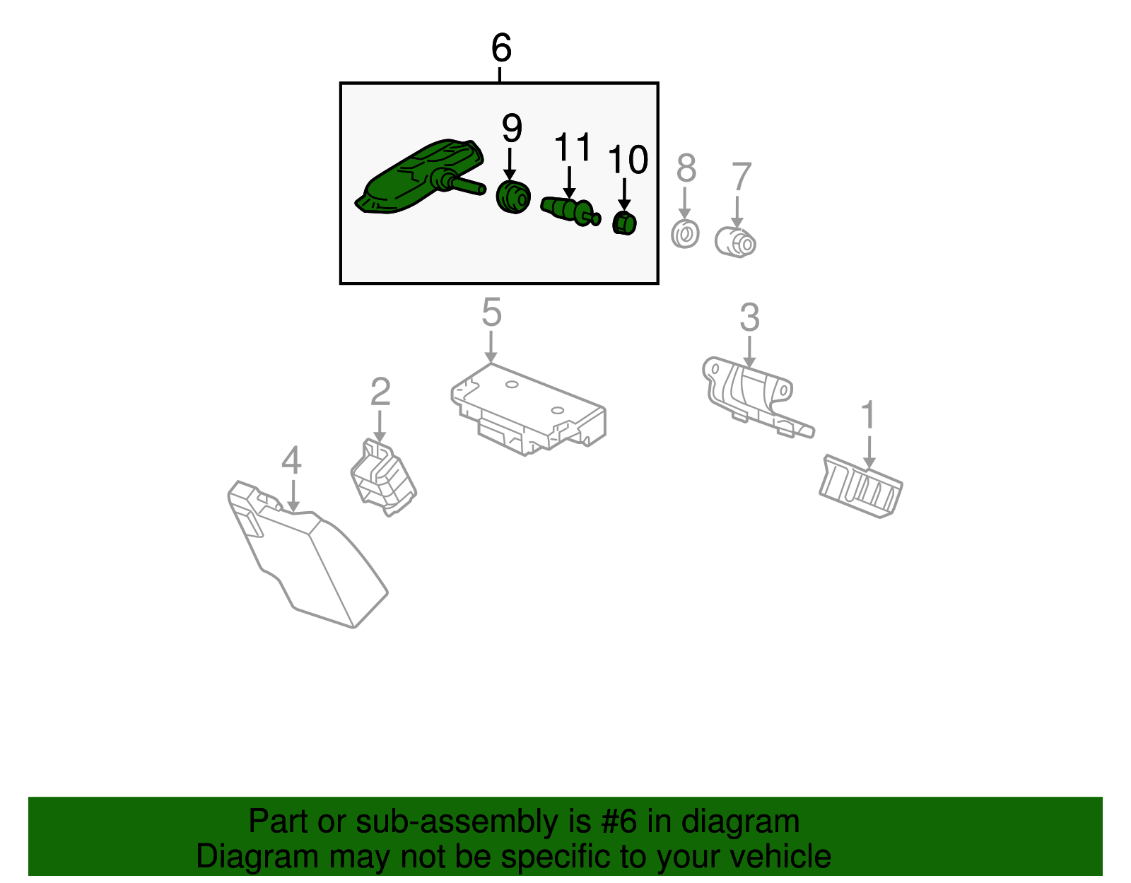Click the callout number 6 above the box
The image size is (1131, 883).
tap(501, 47)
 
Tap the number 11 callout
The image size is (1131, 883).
tap(573, 147)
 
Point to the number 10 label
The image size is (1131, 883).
tap(628, 159)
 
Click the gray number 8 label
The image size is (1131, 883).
tap(686, 168)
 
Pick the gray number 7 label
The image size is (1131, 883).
tap(742, 176)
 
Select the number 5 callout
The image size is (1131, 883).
tap(491, 312)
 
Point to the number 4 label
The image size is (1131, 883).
tap(291, 460)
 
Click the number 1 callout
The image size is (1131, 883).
tap(868, 414)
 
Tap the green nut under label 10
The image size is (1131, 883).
tap(624, 223)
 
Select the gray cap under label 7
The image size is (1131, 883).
tap(735, 242)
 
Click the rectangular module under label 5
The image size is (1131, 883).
tap(528, 409)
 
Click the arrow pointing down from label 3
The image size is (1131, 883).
tap(749, 352)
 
